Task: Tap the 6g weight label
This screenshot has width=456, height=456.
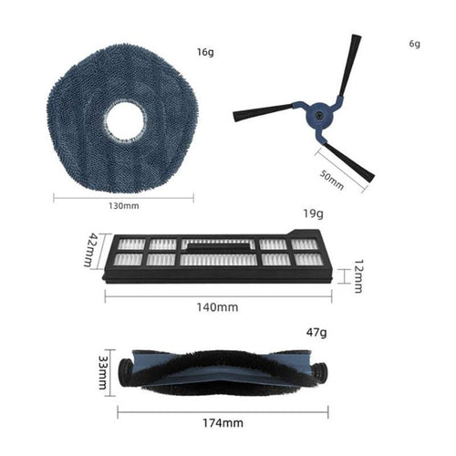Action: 415,44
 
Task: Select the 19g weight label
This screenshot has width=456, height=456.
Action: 312,215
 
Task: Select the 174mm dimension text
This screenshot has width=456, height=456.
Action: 221,422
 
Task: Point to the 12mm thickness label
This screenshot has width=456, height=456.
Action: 357,275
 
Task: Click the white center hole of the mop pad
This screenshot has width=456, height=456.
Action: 124,122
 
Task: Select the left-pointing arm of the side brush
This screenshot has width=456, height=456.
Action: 264,113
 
